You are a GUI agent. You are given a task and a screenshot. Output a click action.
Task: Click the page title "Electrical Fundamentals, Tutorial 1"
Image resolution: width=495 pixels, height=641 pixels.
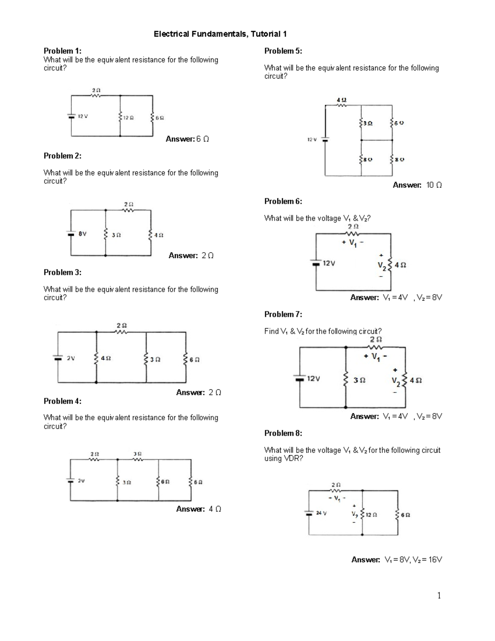[x=220, y=34]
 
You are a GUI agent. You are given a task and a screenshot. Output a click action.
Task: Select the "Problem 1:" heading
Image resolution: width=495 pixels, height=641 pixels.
[x=62, y=51]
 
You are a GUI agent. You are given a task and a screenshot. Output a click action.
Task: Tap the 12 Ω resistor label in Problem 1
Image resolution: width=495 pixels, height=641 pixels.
[x=129, y=118]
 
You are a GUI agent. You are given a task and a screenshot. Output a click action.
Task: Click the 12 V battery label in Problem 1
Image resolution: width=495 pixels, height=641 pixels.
[x=83, y=116]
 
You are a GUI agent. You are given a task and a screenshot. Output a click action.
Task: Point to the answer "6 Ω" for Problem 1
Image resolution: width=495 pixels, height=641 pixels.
[x=203, y=139]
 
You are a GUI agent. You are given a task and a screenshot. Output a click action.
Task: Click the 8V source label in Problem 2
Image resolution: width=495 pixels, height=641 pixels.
[x=82, y=234]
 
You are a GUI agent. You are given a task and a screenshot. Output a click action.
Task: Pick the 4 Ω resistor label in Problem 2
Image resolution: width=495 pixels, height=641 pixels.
[x=159, y=235]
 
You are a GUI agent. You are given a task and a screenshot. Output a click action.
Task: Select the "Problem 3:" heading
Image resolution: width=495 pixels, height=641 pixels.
[x=62, y=272]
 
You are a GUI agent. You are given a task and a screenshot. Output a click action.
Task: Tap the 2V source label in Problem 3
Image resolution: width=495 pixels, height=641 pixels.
[x=71, y=358]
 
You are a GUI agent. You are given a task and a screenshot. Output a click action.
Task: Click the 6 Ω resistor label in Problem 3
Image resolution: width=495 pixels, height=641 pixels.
[x=195, y=360]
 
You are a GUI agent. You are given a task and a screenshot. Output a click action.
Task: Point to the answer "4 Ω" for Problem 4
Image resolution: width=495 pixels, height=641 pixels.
[x=215, y=509]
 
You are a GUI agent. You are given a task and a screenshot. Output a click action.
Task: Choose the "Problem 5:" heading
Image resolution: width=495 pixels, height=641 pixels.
[x=283, y=51]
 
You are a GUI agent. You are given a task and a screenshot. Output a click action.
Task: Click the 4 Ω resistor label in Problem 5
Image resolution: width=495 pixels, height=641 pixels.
[x=342, y=100]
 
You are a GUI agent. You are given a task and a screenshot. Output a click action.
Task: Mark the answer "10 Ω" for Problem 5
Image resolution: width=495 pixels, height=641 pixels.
[x=434, y=185]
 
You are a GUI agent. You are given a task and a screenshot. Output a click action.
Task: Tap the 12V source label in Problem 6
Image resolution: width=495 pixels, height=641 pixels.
[x=329, y=263]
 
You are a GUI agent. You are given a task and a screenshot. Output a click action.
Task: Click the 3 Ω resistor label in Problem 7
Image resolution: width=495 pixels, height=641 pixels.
[x=359, y=380]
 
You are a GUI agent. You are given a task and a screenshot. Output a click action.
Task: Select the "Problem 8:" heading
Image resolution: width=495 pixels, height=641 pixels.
[x=283, y=433]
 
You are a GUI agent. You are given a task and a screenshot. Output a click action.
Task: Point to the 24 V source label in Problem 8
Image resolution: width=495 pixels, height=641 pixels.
[x=321, y=513]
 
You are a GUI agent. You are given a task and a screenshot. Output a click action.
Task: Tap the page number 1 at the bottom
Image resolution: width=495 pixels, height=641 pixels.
[x=439, y=595]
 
